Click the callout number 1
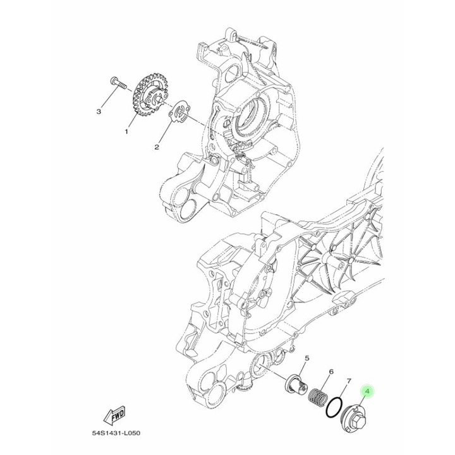tap(126, 132)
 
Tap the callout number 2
tap(156, 148)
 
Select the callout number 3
tap(99, 112)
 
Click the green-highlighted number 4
tap(367, 392)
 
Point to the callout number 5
tap(306, 358)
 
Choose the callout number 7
tap(348, 382)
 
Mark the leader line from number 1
tap(131, 120)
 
